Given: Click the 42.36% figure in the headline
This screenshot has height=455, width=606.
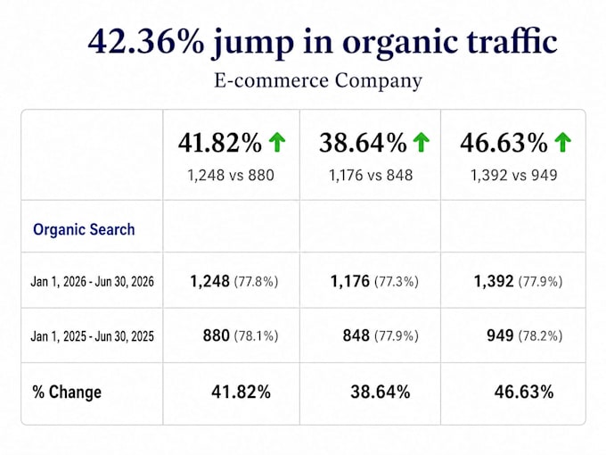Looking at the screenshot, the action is pyautogui.click(x=146, y=41).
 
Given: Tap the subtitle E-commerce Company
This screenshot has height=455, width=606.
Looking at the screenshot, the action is pyautogui.click(x=318, y=81).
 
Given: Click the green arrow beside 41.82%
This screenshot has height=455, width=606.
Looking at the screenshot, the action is pyautogui.click(x=277, y=142).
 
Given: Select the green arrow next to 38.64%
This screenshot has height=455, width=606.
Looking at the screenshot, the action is pyautogui.click(x=422, y=142).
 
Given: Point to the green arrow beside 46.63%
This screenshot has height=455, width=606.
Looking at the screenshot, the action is pyautogui.click(x=562, y=142).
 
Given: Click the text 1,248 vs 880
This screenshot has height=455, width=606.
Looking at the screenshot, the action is pyautogui.click(x=231, y=175).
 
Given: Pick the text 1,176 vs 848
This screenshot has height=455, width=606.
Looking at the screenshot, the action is pyautogui.click(x=371, y=175).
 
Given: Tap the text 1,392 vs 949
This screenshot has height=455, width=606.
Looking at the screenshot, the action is pyautogui.click(x=513, y=175).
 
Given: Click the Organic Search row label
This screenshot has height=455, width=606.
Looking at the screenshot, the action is pyautogui.click(x=84, y=229).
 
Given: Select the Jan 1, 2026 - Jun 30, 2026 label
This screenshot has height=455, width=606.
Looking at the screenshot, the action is pyautogui.click(x=93, y=281).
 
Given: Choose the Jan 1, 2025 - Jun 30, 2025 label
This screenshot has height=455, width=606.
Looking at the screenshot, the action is pyautogui.click(x=93, y=335).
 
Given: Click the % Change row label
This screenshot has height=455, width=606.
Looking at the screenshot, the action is pyautogui.click(x=67, y=392).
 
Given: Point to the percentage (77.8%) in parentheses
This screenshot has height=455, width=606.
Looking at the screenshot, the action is pyautogui.click(x=256, y=281).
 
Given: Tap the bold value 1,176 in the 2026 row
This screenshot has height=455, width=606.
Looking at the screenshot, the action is pyautogui.click(x=349, y=281).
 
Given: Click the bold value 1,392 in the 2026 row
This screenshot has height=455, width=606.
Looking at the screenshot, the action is pyautogui.click(x=494, y=281).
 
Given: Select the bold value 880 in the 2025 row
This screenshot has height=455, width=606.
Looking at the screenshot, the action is pyautogui.click(x=216, y=335).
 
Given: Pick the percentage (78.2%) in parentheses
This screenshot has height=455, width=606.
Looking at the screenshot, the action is pyautogui.click(x=540, y=335).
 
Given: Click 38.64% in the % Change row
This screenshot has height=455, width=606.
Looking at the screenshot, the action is pyautogui.click(x=381, y=392).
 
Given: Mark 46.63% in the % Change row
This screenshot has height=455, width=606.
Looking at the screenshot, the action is pyautogui.click(x=524, y=392).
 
